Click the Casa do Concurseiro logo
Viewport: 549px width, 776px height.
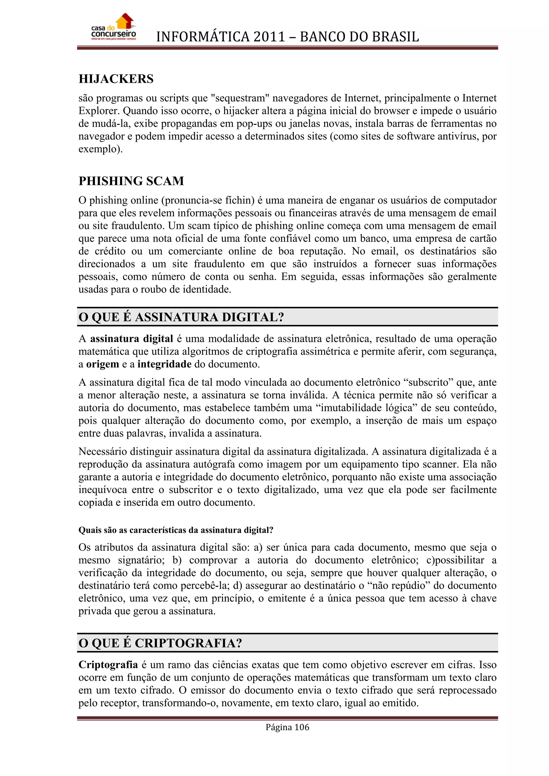pyautogui.click(x=114, y=28)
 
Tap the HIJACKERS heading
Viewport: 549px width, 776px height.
pyautogui.click(x=116, y=79)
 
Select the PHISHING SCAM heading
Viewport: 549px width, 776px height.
pyautogui.click(x=131, y=181)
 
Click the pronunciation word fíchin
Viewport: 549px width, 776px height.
pyautogui.click(x=238, y=200)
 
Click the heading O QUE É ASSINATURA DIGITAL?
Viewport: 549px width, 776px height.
pyautogui.click(x=181, y=317)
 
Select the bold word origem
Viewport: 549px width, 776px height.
pyautogui.click(x=102, y=364)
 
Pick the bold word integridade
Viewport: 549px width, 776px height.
pyautogui.click(x=164, y=364)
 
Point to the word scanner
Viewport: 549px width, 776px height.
pyautogui.click(x=439, y=464)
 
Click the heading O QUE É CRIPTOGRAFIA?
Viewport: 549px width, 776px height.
pyautogui.click(x=160, y=643)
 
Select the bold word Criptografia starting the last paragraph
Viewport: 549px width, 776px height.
pyautogui.click(x=108, y=665)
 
